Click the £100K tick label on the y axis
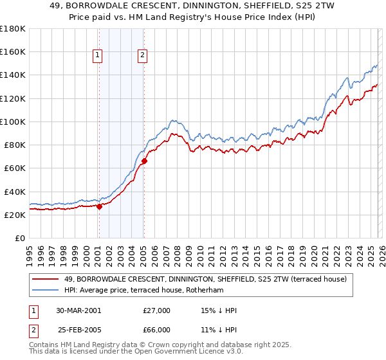(x=13, y=122)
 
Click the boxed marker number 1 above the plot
(x=98, y=55)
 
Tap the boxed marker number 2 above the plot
(x=142, y=55)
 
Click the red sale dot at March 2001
(x=100, y=207)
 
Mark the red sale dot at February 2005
(x=144, y=161)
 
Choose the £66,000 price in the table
(x=156, y=330)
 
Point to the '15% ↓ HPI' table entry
(x=219, y=310)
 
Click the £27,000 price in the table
(x=156, y=310)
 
